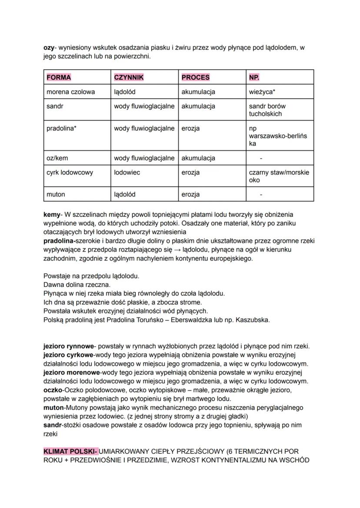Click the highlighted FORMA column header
[59, 77]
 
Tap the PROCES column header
[195, 77]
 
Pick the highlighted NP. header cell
[254, 77]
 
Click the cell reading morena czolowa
[70, 92]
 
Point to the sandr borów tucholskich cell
[267, 110]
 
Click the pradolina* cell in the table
[61, 128]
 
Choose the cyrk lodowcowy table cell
[70, 173]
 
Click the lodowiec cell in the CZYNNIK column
[127, 173]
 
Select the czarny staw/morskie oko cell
[279, 176]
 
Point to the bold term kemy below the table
[52, 215]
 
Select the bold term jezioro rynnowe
[69, 346]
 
